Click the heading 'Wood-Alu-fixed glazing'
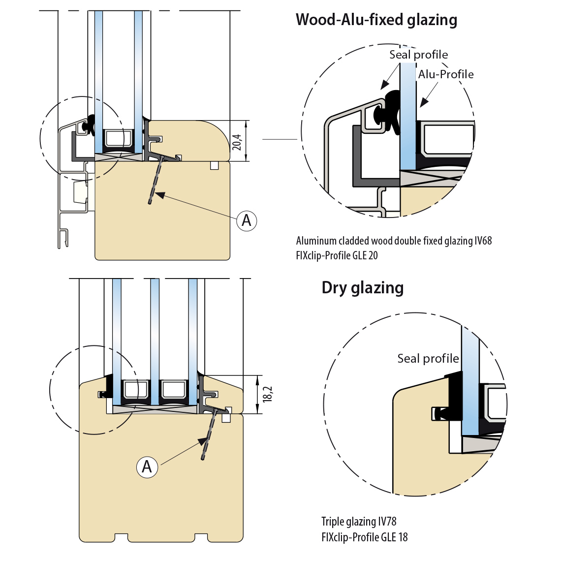[x=376, y=20]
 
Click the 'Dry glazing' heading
[x=363, y=287]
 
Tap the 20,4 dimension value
[x=237, y=142]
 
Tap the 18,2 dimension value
[x=268, y=395]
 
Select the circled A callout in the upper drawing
[x=247, y=220]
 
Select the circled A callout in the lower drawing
[x=147, y=466]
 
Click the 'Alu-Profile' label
[x=446, y=74]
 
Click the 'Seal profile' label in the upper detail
[x=418, y=55]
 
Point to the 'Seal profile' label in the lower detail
[x=428, y=358]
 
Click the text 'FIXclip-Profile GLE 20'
[x=337, y=255]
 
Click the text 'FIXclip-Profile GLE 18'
[x=365, y=537]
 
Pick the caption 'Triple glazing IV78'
[x=359, y=522]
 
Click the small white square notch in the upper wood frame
[x=214, y=165]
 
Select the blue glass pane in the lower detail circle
[x=470, y=384]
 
